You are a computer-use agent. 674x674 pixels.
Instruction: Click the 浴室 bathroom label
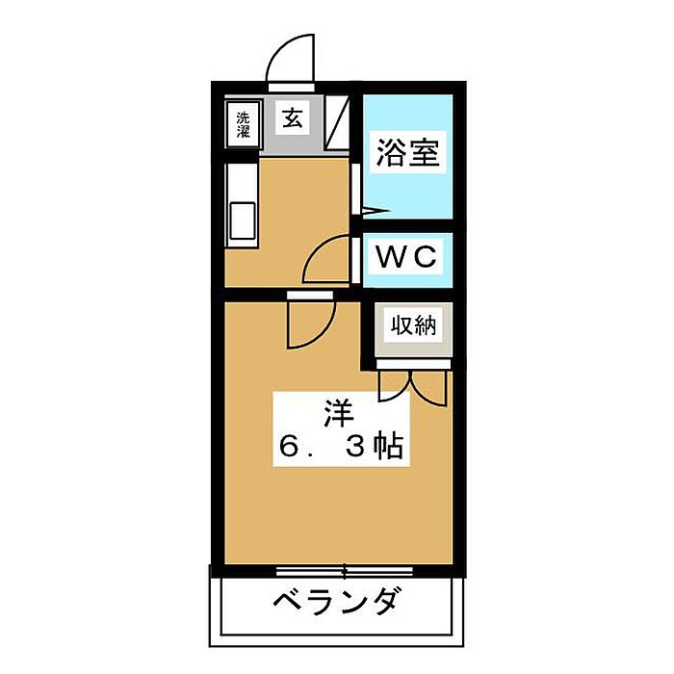407,152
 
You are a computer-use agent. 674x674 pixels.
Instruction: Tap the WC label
406,257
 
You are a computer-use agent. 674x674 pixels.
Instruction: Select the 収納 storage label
413,325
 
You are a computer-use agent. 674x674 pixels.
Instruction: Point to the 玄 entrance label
293,117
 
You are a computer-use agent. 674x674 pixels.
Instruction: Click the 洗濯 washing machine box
243,124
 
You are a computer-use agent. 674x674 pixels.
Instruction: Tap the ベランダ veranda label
335,601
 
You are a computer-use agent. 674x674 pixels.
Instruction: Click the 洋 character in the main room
338,413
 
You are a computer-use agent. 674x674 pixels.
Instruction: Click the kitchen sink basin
243,220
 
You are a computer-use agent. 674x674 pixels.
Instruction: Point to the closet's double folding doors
413,387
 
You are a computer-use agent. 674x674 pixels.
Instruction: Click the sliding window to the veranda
344,571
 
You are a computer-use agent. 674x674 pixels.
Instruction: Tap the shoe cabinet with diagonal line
337,122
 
